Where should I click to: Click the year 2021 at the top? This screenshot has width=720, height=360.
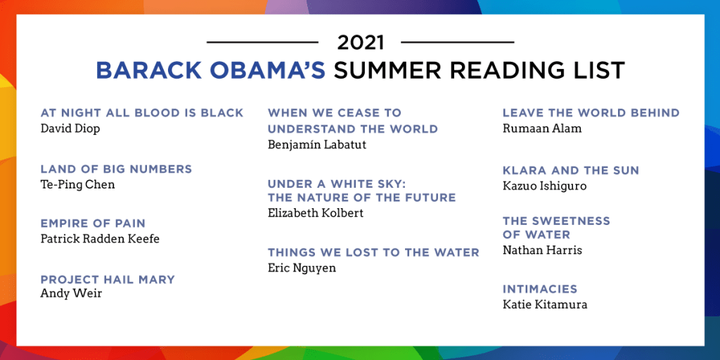coord(361,43)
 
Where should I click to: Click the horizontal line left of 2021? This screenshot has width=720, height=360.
coord(262,42)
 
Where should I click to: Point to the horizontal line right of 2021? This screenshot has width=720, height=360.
coord(457,42)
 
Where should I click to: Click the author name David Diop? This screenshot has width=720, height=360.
coord(70,128)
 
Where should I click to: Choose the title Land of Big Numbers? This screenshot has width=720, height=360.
coord(116,169)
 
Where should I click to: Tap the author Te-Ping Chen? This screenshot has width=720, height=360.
coord(77,185)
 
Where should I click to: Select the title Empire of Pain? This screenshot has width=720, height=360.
coord(93,224)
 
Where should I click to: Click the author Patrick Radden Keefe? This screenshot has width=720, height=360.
coord(100,239)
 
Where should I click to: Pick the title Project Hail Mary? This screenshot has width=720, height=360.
coord(108,279)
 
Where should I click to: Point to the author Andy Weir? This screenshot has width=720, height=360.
coord(71,293)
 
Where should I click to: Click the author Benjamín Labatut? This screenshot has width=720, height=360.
coord(317,145)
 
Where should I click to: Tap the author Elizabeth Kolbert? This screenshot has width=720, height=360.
coord(316,214)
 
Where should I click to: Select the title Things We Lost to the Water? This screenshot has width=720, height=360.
coord(373,252)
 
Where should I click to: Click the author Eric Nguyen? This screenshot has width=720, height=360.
coord(302,268)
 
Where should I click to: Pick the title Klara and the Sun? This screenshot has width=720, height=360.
coord(571,170)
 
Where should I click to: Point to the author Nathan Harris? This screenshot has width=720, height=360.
coord(542,250)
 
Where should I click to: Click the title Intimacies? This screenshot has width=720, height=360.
coord(539,289)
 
